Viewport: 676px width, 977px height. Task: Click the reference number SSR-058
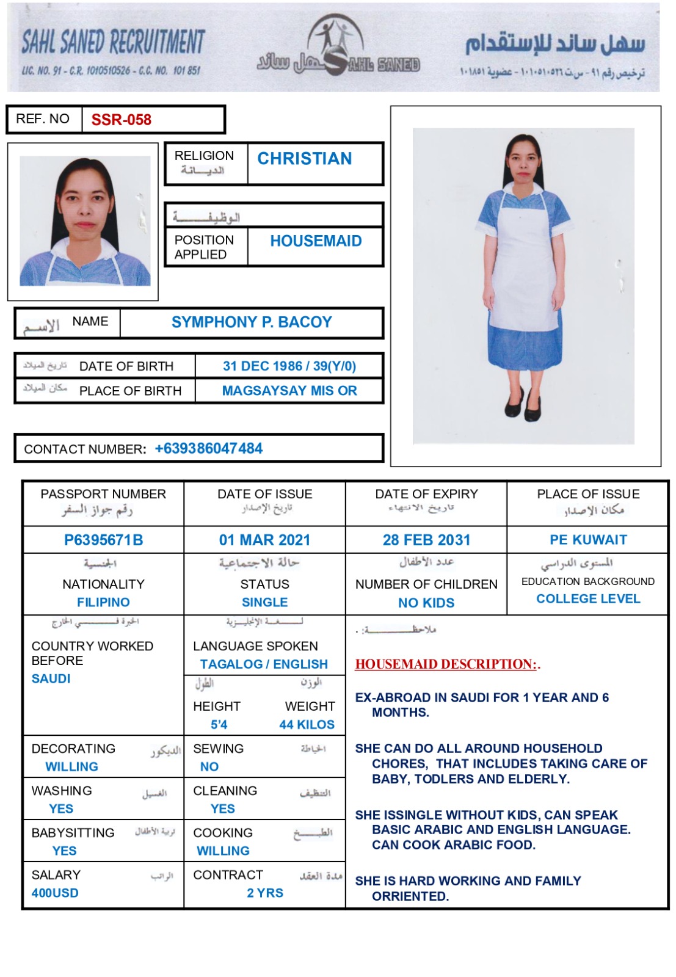tap(121, 120)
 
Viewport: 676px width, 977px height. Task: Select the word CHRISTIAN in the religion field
tap(304, 159)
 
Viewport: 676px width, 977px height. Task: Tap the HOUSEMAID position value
tap(316, 241)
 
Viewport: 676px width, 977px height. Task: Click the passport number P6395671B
tap(103, 540)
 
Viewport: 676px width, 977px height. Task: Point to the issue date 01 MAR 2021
tap(264, 540)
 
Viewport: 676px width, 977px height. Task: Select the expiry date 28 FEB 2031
tap(426, 540)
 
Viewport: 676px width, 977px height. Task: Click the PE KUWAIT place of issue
tap(588, 540)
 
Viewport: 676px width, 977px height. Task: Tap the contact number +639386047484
tap(208, 449)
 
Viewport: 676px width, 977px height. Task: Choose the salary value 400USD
tap(55, 893)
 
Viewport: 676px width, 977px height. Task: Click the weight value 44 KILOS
tap(307, 725)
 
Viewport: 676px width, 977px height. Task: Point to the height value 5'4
tap(219, 725)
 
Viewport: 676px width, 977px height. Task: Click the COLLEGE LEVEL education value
tap(588, 599)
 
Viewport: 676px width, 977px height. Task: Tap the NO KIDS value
tap(426, 603)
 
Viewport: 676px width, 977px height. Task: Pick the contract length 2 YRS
tap(265, 893)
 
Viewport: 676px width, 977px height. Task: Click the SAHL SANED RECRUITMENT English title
tap(113, 43)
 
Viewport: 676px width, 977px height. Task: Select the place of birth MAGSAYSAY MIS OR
tap(289, 391)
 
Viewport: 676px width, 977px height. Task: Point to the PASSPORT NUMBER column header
tap(103, 494)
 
